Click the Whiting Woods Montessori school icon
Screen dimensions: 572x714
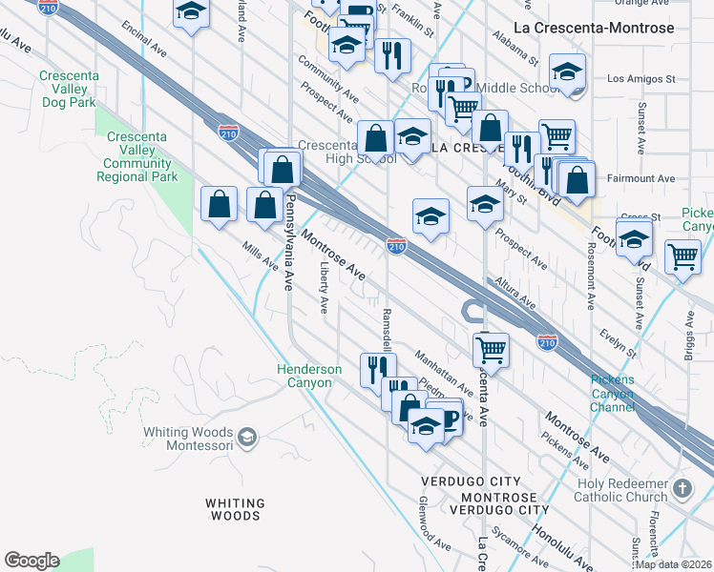(x=247, y=437)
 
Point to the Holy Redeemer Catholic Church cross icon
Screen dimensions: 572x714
(x=682, y=488)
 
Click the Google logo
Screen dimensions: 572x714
(x=31, y=561)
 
